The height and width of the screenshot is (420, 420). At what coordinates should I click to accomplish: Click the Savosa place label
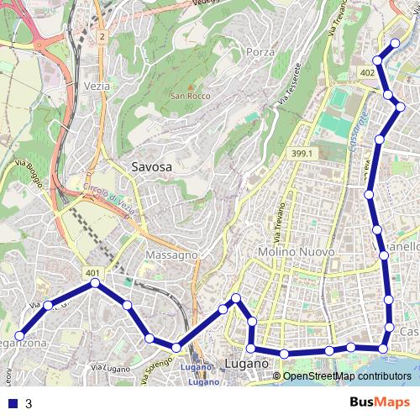click(x=152, y=167)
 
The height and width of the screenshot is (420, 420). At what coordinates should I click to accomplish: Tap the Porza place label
click(x=261, y=52)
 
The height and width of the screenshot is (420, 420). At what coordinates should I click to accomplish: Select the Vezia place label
click(x=97, y=87)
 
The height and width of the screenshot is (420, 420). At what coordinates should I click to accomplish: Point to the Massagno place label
click(x=171, y=254)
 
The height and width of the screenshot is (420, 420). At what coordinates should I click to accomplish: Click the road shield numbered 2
click(x=101, y=37)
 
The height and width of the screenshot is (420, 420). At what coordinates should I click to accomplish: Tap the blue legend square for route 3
click(x=13, y=402)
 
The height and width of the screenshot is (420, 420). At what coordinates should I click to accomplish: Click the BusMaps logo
click(x=380, y=402)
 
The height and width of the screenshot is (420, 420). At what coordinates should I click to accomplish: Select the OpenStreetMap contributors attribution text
click(x=346, y=375)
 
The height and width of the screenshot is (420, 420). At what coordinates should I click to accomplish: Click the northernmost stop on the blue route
click(x=396, y=43)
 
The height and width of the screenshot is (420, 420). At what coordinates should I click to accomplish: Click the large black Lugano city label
click(x=246, y=365)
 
